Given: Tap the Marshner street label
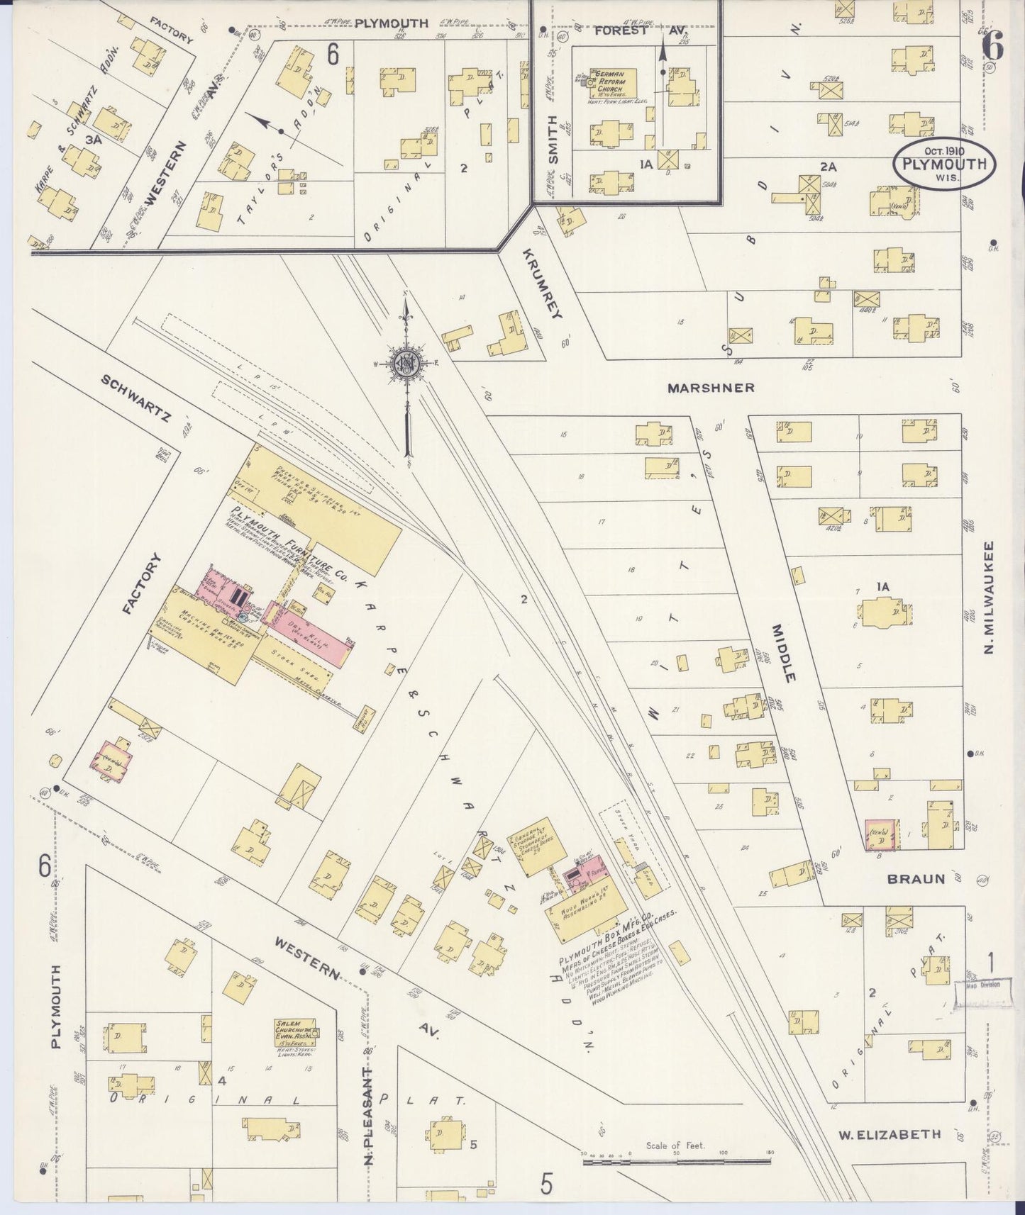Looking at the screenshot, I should point(711,388).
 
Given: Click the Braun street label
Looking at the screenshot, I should point(916,879).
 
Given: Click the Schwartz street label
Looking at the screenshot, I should point(135,400).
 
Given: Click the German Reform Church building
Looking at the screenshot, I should point(614,83).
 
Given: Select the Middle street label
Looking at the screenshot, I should point(785,653).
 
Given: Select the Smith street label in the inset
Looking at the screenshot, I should point(554,139).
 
